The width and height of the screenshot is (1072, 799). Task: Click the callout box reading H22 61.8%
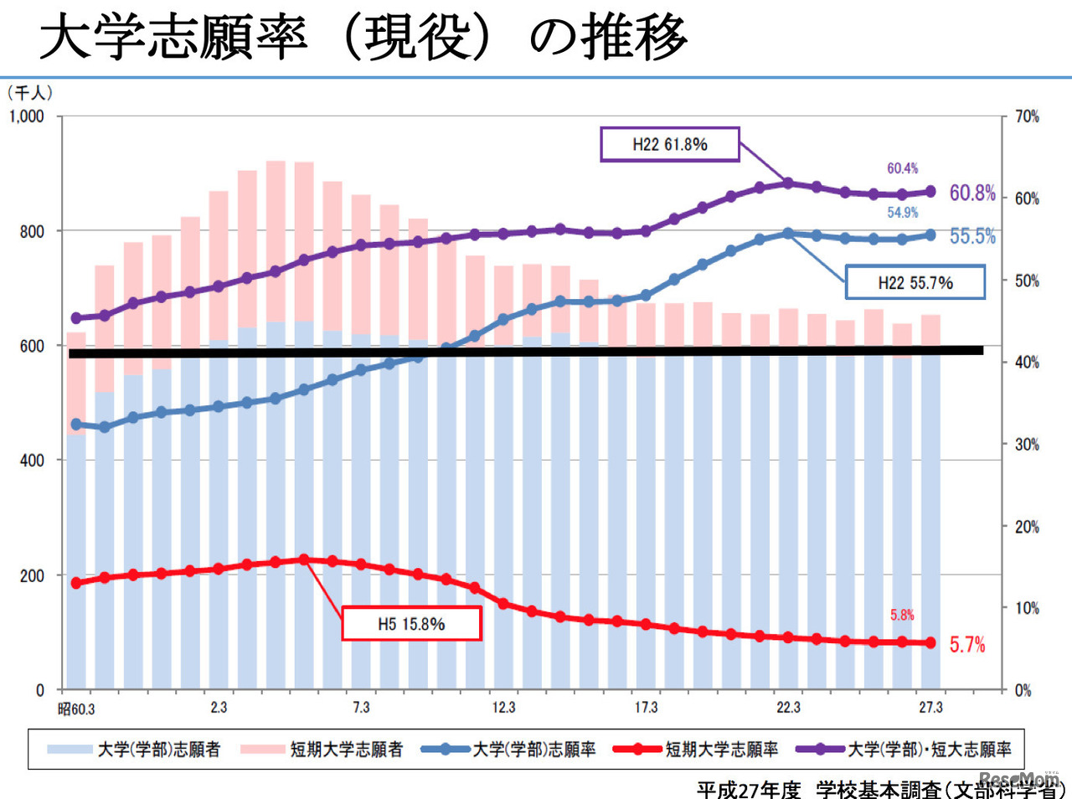[x=670, y=144]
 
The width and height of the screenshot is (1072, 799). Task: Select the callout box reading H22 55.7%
[x=915, y=282]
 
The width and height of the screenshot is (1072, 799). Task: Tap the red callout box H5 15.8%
[x=411, y=624]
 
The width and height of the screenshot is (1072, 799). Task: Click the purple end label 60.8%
[x=971, y=193]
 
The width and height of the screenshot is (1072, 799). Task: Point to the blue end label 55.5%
[x=971, y=236]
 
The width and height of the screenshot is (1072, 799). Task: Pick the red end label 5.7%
[x=966, y=644]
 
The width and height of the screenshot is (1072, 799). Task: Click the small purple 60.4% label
[x=902, y=168]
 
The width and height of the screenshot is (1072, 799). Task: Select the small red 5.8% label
[x=902, y=615]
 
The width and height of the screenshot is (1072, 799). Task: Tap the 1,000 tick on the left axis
[x=27, y=116]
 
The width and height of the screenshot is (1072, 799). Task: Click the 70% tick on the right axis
[x=1027, y=116]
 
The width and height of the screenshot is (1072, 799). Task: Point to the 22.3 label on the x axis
[x=788, y=708]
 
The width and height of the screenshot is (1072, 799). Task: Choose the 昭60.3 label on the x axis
[x=76, y=709]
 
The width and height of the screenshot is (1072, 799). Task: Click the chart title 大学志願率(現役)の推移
[x=363, y=38]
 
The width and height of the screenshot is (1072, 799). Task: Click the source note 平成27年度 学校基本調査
[x=879, y=789]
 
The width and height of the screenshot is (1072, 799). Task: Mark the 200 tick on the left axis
[x=32, y=576]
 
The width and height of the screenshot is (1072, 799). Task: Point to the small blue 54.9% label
[x=902, y=213]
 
